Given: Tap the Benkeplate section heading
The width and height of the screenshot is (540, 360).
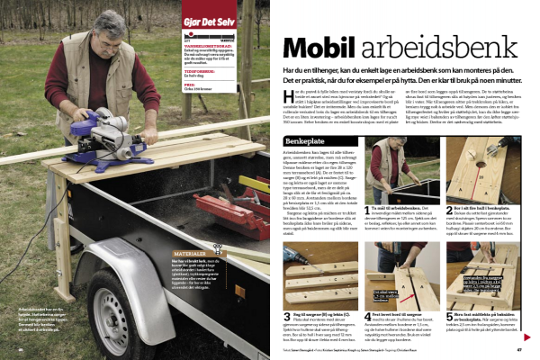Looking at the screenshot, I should pos(304,140).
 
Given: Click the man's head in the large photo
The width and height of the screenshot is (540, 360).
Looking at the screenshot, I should pos(109,31).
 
